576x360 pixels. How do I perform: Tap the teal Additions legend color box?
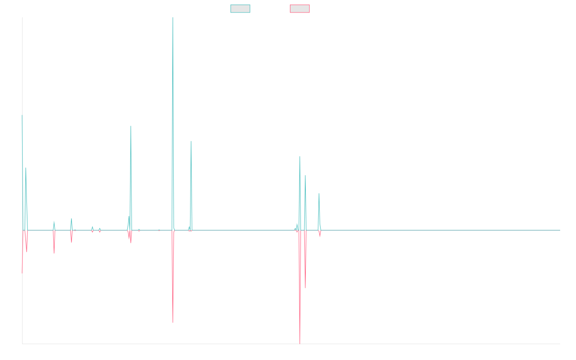(240, 9)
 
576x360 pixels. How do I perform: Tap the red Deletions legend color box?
(300, 9)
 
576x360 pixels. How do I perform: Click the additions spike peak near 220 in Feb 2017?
(131, 126)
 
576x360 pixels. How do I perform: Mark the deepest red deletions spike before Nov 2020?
(300, 343)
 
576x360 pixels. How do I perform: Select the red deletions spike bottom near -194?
(173, 323)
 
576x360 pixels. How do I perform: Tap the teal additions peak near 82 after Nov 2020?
(319, 193)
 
